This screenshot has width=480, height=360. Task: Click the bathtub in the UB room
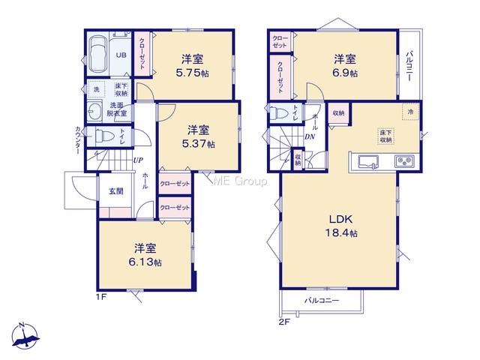98,55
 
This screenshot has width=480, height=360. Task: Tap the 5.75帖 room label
192,65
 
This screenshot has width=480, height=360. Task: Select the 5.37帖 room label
198,136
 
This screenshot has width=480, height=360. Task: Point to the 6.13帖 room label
145,255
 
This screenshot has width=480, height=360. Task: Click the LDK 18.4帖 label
340,226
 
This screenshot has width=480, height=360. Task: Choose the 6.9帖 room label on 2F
345,65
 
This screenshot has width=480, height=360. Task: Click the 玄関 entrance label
116,191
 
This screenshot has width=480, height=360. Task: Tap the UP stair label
138,160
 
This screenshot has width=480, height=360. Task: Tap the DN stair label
310,136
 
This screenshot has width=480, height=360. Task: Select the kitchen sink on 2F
368,161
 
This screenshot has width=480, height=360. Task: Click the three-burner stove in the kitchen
404,161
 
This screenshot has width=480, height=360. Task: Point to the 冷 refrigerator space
410,112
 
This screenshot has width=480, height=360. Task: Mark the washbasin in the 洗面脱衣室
94,110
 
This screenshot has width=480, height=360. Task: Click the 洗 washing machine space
97,89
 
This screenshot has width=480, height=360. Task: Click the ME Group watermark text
240,181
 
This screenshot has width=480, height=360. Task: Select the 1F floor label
101,297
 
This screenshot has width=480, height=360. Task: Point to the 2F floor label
283,322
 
